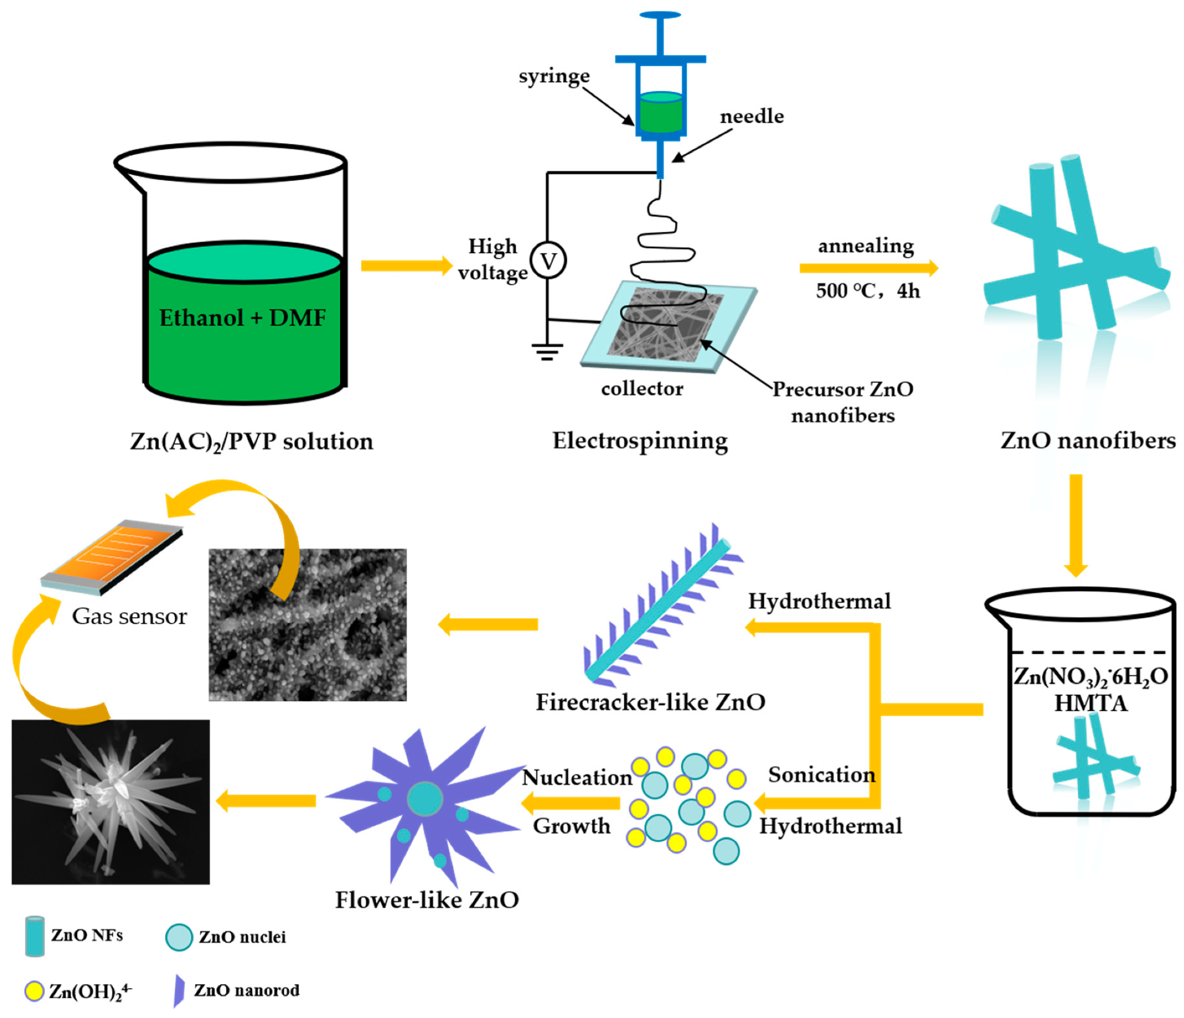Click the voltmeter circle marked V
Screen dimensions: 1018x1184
[x=548, y=261]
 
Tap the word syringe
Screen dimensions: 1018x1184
[x=553, y=76]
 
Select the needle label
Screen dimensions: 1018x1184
[x=751, y=116]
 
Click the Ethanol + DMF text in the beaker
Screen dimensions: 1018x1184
[x=243, y=317]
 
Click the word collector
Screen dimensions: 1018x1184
[x=641, y=389]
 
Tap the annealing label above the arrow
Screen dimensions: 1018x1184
[x=866, y=246]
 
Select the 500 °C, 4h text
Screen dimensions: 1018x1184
[x=867, y=291]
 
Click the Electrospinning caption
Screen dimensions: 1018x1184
[x=640, y=441]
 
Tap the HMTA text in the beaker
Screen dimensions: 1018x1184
[x=1090, y=703]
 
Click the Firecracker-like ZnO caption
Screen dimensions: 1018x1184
[x=650, y=702]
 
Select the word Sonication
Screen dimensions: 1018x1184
[x=821, y=775]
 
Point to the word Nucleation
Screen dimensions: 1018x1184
[x=576, y=778]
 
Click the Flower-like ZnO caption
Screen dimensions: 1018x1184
[x=426, y=900]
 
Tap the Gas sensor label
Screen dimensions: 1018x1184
[x=129, y=617]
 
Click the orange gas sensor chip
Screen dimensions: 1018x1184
[x=115, y=555]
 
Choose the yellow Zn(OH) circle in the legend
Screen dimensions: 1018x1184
[x=34, y=990]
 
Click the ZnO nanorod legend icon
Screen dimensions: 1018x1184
[x=179, y=990]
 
